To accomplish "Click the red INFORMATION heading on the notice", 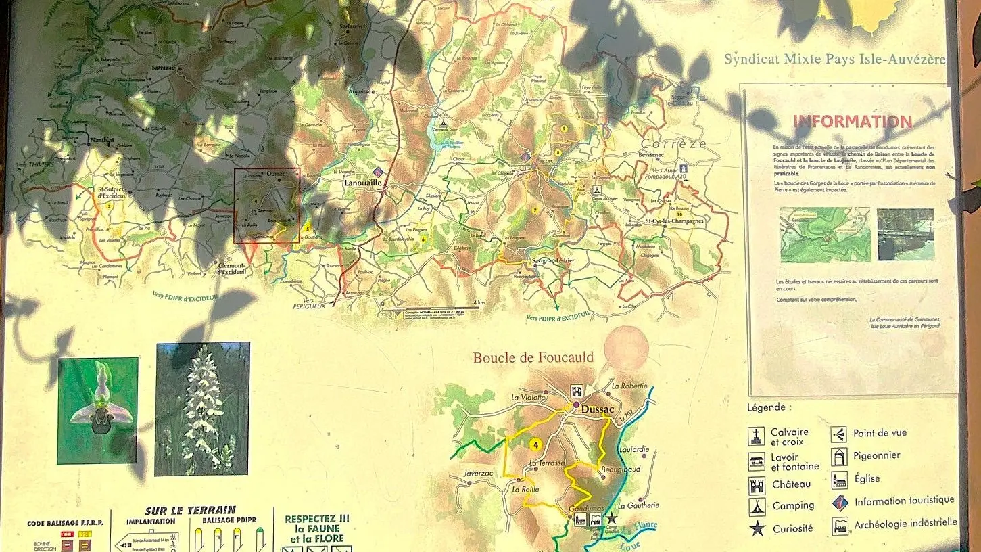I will coord(852,122).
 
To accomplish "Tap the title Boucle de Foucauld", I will coord(533,358).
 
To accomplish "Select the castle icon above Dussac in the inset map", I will coord(577,392).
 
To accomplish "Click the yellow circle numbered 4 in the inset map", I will coord(535,444).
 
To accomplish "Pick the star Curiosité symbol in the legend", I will coord(757,529).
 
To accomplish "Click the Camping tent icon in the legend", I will coord(757,507).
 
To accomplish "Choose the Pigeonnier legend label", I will coord(876,455).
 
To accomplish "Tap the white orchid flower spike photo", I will coord(202,409).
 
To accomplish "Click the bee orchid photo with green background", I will coord(98,411).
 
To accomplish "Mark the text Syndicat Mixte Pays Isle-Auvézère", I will coord(834,59).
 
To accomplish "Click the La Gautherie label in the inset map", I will coord(638,505).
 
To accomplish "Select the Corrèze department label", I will coord(673,143).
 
